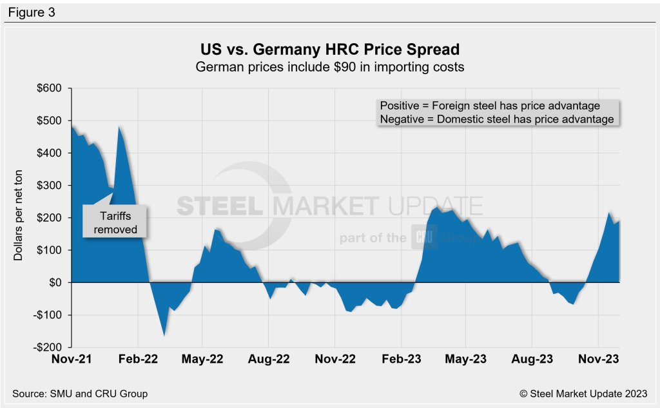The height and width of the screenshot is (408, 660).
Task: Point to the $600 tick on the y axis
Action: pyautogui.click(x=50, y=88)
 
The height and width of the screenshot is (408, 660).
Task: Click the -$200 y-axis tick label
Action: pyautogui.click(x=48, y=347)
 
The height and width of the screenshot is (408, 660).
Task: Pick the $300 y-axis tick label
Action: pyautogui.click(x=50, y=186)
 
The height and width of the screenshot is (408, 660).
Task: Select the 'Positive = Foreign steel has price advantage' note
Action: pyautogui.click(x=490, y=106)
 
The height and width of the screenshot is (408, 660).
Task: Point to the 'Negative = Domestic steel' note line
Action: pyautogui.click(x=496, y=119)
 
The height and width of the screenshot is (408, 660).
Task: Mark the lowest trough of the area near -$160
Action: pyautogui.click(x=164, y=335)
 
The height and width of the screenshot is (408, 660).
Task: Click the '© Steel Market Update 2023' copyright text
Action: pyautogui.click(x=583, y=393)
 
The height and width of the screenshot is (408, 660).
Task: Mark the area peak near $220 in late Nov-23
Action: pyautogui.click(x=610, y=212)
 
